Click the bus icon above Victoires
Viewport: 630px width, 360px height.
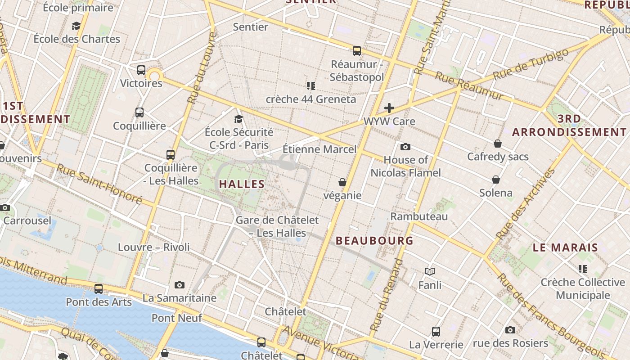(x=141, y=70)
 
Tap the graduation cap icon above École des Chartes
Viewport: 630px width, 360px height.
(x=76, y=26)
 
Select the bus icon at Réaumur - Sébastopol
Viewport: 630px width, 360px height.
(x=357, y=51)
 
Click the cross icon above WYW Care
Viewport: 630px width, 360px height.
(x=389, y=108)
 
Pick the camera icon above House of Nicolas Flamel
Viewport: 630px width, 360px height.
(x=405, y=147)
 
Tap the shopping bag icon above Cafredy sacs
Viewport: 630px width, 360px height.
(x=498, y=144)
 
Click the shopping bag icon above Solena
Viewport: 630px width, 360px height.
(x=496, y=180)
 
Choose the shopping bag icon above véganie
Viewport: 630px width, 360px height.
(x=342, y=182)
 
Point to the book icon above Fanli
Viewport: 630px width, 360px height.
(x=430, y=271)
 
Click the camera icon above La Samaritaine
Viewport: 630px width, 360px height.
(x=180, y=285)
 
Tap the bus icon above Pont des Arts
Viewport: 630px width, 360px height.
(x=99, y=289)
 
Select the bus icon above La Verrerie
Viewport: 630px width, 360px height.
(x=436, y=332)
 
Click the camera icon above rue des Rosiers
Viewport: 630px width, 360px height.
(x=510, y=330)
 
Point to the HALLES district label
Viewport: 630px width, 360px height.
(x=242, y=184)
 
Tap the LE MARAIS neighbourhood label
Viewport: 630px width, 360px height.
(x=565, y=247)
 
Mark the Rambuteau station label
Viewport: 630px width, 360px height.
(x=419, y=216)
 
